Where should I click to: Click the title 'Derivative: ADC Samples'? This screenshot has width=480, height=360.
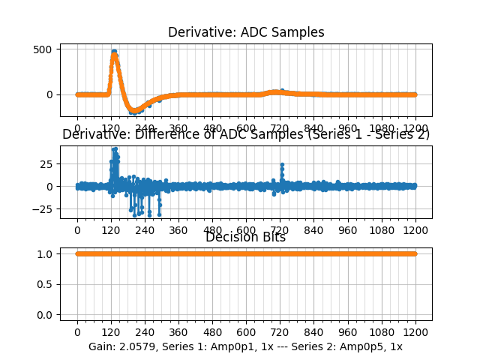click(246, 32)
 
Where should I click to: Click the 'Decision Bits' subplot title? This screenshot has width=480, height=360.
click(246, 238)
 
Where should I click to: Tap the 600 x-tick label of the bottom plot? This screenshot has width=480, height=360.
click(246, 331)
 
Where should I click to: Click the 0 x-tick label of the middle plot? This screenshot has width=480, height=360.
click(76, 229)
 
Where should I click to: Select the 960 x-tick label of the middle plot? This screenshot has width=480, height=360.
click(348, 229)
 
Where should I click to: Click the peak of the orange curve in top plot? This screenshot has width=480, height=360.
click(114, 52)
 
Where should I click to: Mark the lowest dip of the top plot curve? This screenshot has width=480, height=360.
click(135, 111)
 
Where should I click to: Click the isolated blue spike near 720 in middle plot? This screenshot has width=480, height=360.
click(282, 164)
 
